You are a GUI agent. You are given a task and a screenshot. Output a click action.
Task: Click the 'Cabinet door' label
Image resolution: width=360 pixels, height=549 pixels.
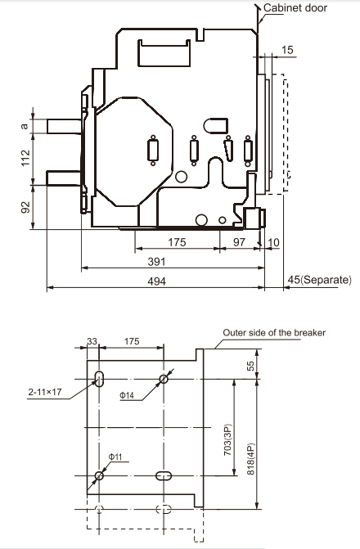[x=295, y=7]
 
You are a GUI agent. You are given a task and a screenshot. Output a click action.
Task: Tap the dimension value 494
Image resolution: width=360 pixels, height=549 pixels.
[x=156, y=281]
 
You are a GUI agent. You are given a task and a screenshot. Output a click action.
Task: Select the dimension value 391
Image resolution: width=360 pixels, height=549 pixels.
[x=156, y=262]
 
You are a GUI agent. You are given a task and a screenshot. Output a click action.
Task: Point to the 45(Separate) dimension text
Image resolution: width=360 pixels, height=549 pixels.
[x=319, y=279]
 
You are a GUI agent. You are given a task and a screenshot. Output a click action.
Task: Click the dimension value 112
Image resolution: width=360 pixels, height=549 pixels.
[x=25, y=158]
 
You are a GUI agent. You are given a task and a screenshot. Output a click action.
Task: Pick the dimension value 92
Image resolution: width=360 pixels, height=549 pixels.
[x=26, y=207]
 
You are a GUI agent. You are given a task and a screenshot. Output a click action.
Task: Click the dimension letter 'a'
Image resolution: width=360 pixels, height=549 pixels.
[x=25, y=126]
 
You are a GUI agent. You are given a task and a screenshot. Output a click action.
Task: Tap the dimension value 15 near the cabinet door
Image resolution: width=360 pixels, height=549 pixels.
[x=287, y=50]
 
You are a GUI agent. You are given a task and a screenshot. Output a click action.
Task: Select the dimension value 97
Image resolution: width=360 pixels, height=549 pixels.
[x=239, y=242]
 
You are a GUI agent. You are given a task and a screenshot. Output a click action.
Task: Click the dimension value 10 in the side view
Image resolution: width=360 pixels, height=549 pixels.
[x=273, y=242]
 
